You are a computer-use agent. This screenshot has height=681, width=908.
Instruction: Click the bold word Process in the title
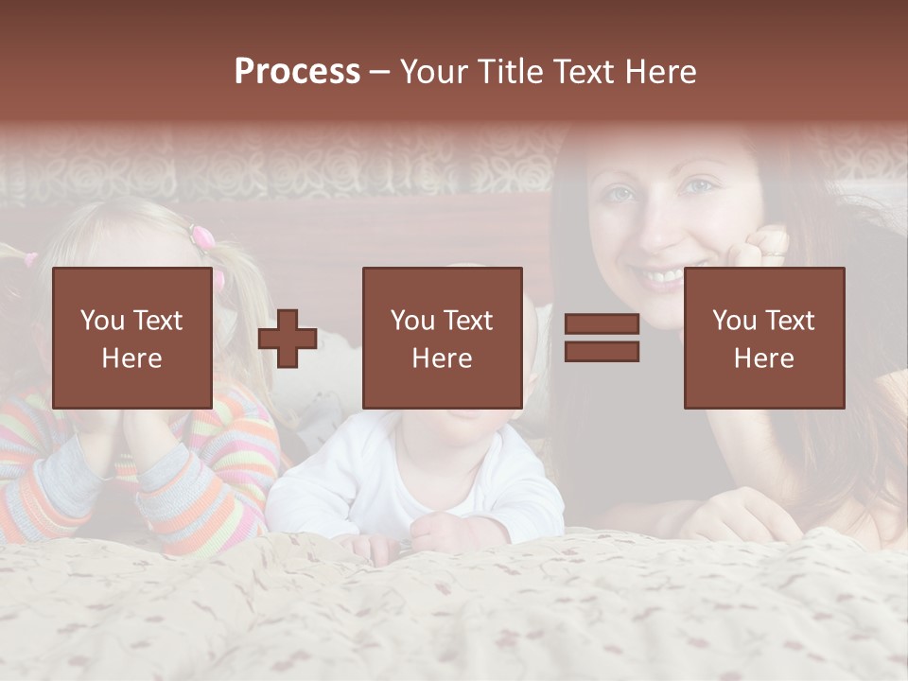[297, 72]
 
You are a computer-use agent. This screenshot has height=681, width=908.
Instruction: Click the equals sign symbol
[602, 338]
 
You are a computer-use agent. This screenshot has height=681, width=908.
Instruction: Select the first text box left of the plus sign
[131, 338]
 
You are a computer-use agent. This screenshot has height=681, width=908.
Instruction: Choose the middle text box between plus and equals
[442, 338]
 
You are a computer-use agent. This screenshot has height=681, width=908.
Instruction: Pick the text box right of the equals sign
[763, 338]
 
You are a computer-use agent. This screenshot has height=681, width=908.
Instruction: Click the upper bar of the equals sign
[602, 324]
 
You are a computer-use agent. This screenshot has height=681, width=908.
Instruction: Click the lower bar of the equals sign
[602, 351]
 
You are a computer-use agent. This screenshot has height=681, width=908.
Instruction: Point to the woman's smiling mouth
[662, 275]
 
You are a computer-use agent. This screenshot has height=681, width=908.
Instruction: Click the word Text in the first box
[157, 320]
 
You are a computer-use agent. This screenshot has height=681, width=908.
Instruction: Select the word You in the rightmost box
[734, 320]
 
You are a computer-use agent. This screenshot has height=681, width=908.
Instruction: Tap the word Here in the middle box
[442, 358]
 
